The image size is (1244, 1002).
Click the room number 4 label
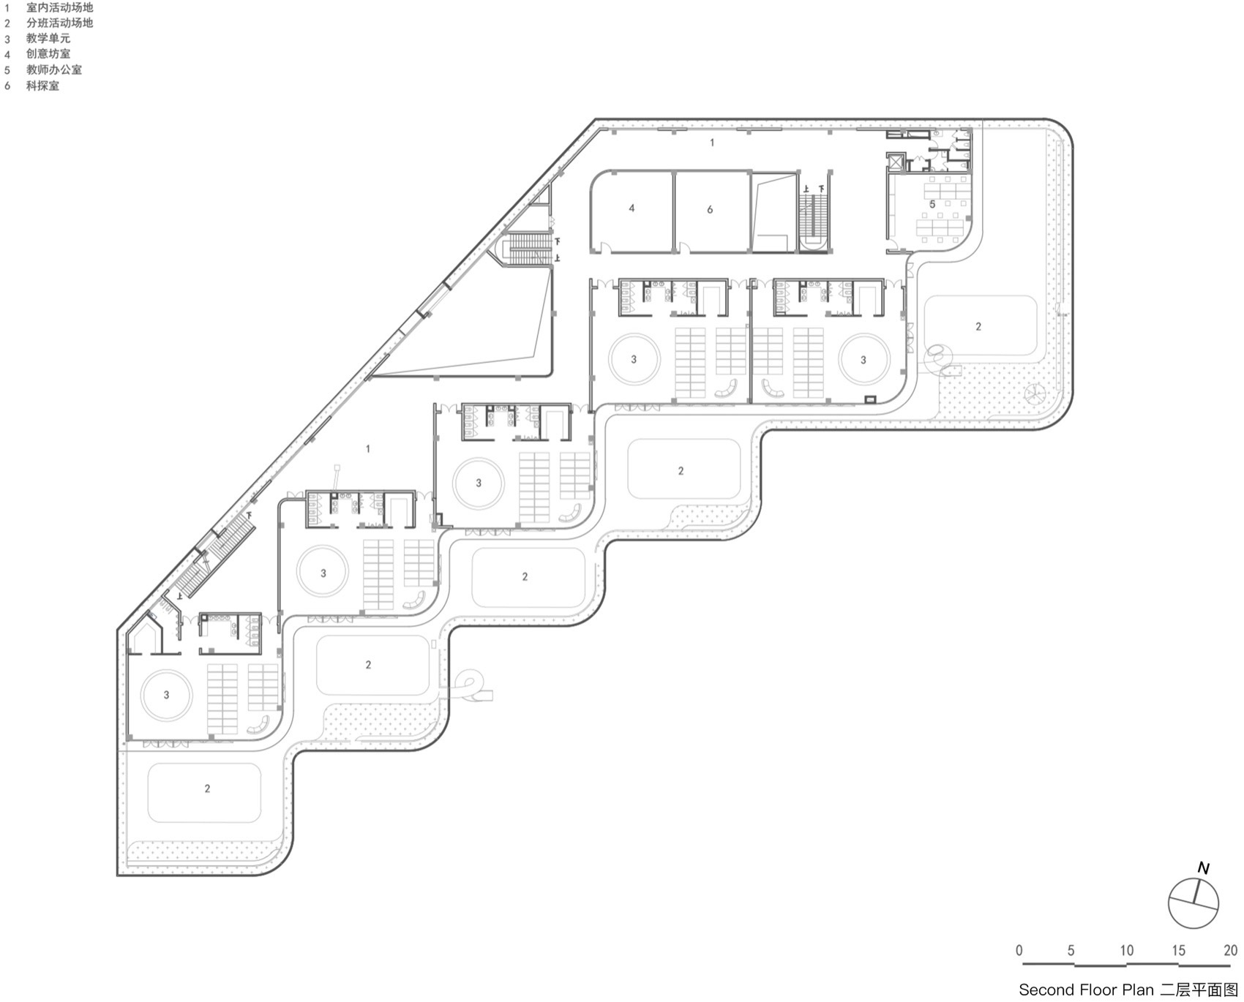(632, 208)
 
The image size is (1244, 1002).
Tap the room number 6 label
(710, 210)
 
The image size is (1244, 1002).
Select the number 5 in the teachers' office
(932, 204)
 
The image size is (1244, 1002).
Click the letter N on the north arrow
(1203, 869)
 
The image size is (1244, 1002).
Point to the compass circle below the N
(1194, 904)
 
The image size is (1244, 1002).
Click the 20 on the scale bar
(1230, 951)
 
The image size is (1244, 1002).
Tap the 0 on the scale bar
(1019, 951)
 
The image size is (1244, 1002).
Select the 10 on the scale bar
(1126, 951)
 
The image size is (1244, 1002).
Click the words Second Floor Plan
(1086, 990)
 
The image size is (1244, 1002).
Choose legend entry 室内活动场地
(59, 7)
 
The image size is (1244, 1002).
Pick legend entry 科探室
(42, 86)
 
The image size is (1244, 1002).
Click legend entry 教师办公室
(53, 69)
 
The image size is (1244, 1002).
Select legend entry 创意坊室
(48, 53)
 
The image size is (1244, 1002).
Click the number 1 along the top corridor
(712, 143)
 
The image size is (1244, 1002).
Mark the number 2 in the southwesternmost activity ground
(207, 788)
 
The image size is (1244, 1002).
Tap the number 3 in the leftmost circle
(166, 695)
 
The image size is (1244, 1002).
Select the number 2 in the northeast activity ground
(978, 326)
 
